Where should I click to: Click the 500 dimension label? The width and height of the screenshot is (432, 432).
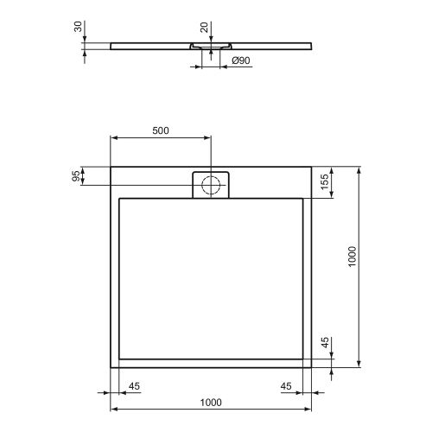pos(160,130)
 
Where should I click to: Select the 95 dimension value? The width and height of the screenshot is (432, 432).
pos(76,175)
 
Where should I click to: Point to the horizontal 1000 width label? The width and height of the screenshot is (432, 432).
pos(211,402)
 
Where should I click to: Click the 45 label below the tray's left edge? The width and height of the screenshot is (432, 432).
pos(135,386)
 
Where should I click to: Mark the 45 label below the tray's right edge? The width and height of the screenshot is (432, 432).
pos(286,386)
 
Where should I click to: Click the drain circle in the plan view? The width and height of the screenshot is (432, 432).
pos(210,184)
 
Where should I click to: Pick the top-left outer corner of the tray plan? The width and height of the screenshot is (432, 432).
pos(111,166)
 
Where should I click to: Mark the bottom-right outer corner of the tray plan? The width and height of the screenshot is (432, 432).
pos(312,366)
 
